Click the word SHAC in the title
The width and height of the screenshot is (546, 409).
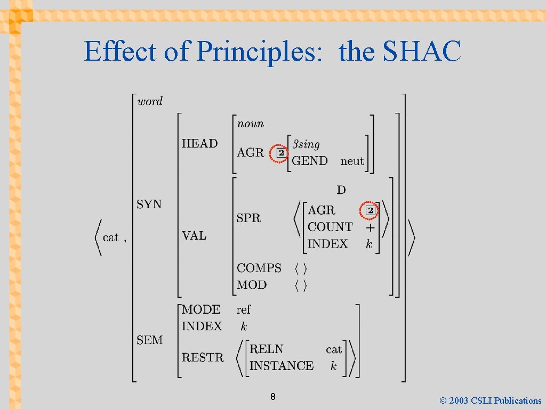coord(422,52)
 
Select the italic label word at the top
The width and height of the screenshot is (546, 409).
coord(150,101)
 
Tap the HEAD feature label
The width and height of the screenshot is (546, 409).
coord(199,143)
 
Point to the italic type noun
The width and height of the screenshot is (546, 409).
coord(250,124)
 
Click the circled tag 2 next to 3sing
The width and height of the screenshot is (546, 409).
coord(279,154)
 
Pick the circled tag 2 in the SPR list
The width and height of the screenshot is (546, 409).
coord(370,210)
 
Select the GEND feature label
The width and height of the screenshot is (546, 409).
coord(310,161)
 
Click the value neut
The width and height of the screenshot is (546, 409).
coord(352,161)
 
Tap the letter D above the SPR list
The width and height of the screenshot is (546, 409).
coord(341,190)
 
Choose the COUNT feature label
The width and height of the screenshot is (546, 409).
coord(330,227)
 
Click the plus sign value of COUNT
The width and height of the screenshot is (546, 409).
coord(370,227)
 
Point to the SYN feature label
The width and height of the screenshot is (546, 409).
coord(149,204)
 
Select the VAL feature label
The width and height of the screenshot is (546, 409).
coord(194,235)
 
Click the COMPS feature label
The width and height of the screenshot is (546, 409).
coord(259,268)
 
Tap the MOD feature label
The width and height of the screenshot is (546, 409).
coord(252,285)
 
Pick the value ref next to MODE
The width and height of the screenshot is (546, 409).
coord(243,309)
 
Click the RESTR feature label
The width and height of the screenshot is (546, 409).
coord(203,357)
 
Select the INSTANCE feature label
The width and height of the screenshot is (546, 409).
coord(282,366)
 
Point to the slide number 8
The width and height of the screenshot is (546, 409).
coord(272,397)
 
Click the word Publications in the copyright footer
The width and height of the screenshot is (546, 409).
coord(517,400)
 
